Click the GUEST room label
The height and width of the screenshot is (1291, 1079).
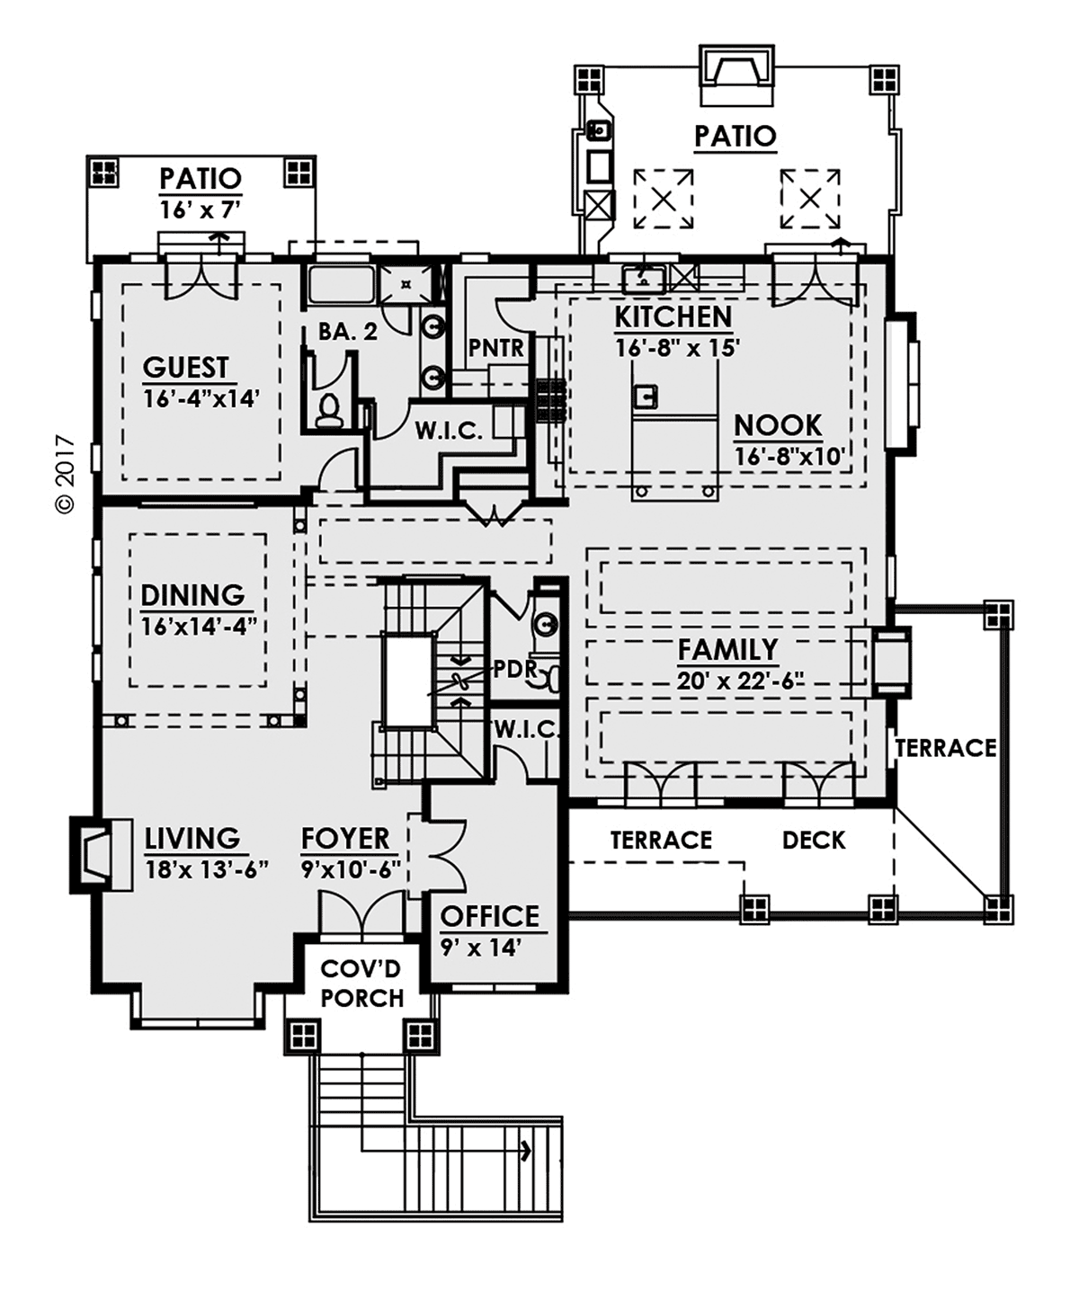point(186,368)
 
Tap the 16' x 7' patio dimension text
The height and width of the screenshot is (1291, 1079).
point(201,210)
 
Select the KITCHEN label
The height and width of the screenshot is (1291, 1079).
point(673,317)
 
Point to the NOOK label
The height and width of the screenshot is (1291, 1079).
point(778,425)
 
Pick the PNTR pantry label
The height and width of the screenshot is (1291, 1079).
point(495,348)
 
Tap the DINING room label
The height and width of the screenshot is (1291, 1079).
point(192,595)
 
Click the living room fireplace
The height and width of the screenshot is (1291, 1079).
point(93,854)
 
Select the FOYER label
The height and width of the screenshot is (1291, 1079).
point(345,839)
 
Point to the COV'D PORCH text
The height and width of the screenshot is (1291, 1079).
point(361,984)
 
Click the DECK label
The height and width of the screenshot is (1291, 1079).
point(814,841)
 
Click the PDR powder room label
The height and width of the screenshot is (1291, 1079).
point(514,669)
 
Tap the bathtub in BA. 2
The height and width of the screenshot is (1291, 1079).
point(341,285)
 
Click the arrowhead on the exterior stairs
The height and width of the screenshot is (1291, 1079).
point(525,1150)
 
